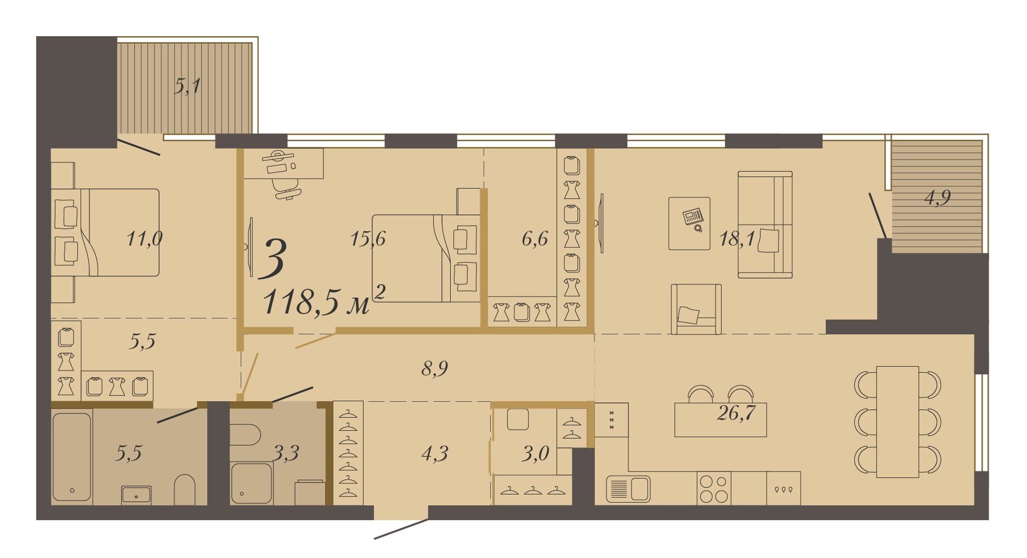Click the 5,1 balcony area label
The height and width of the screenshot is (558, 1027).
188,86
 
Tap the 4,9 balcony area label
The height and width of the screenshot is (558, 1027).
938,197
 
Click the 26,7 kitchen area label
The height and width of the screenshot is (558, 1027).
736,413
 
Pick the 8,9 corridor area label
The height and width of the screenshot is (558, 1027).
435,368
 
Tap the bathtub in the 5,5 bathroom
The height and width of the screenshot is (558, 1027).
72,457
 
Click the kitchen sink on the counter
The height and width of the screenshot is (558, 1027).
628,488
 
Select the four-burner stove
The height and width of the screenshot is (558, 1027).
714,488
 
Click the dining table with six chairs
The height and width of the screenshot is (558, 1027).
898,422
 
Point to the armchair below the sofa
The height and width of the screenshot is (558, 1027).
696,309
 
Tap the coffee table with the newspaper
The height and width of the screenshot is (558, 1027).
689,224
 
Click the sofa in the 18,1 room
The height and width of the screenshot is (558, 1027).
765,224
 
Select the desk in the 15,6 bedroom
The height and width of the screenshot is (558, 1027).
283,163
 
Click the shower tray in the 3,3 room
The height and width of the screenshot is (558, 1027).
252,483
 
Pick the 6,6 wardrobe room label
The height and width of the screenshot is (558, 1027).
535,239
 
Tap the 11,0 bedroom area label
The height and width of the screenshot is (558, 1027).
144,239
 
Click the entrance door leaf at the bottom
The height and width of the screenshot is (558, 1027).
401,529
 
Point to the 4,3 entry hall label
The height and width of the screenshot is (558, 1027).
435,454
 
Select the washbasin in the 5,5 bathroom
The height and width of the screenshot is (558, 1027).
136,495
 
